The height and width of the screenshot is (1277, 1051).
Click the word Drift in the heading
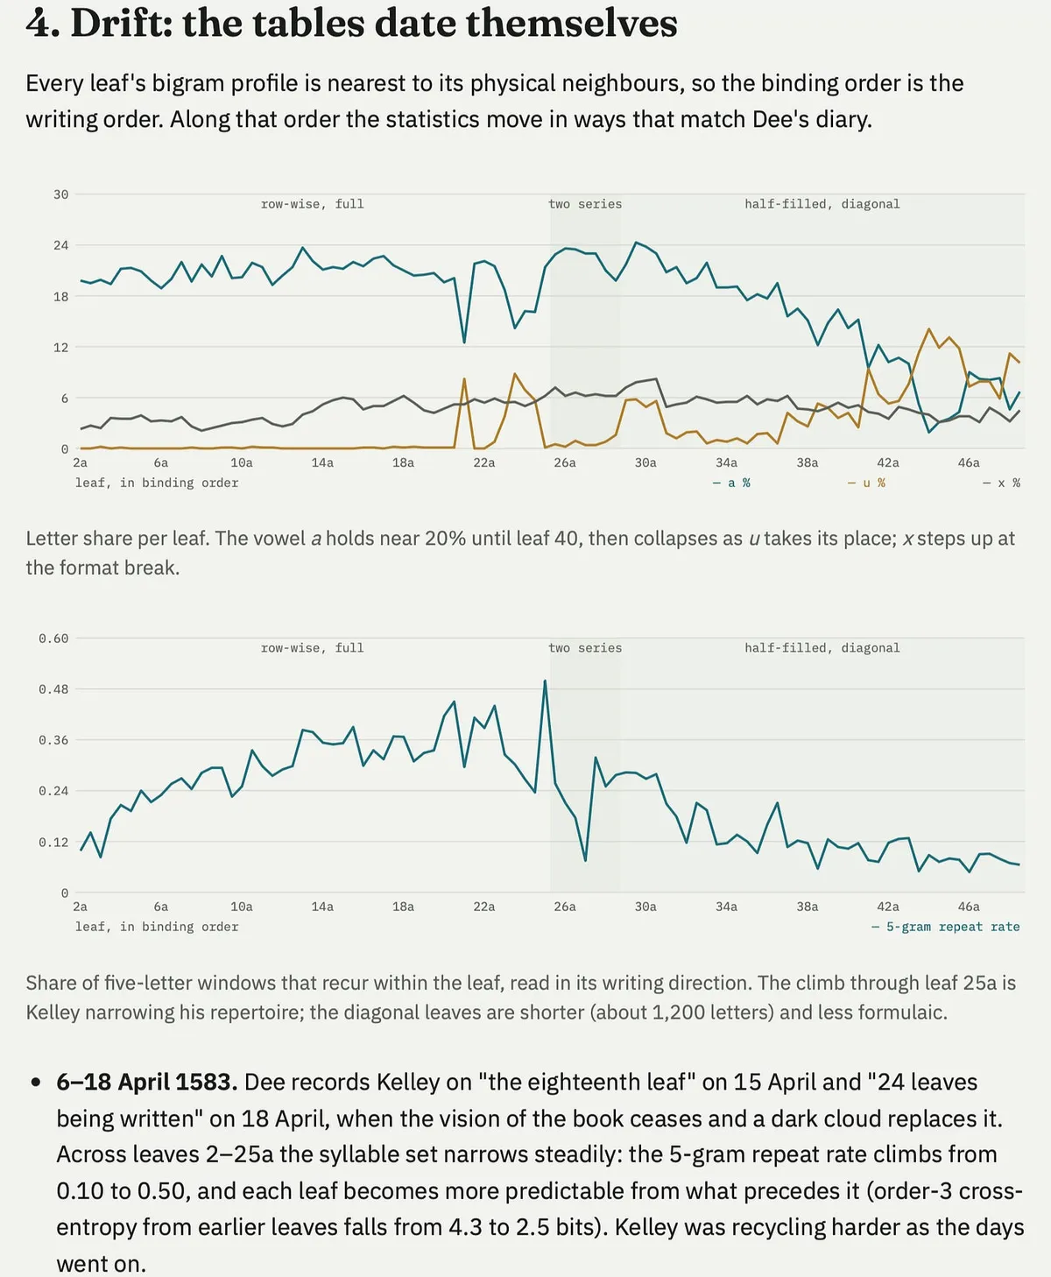coord(121,25)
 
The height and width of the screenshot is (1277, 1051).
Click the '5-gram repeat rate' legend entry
coord(946,927)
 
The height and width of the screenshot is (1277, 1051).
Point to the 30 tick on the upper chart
coord(60,194)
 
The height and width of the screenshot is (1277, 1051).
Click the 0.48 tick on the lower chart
coord(53,689)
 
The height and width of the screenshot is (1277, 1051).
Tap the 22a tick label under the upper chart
coord(483,462)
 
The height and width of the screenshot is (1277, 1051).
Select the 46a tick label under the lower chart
coord(969,907)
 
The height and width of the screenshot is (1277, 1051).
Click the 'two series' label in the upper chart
coord(585,204)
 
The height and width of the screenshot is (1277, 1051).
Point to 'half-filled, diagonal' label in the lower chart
coord(822,648)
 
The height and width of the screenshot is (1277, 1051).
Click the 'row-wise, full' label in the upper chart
coord(313,204)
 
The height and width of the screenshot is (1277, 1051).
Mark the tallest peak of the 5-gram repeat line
coord(545,681)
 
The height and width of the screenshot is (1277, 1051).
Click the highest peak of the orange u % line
coord(928,328)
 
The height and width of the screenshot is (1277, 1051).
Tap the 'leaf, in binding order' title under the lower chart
coord(157,927)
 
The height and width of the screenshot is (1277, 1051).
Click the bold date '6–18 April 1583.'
coord(146,1082)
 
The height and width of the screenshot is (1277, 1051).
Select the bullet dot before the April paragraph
coord(36,1083)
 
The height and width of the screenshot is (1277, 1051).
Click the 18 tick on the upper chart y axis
coord(60,296)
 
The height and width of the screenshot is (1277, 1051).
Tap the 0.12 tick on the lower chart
coord(53,843)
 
